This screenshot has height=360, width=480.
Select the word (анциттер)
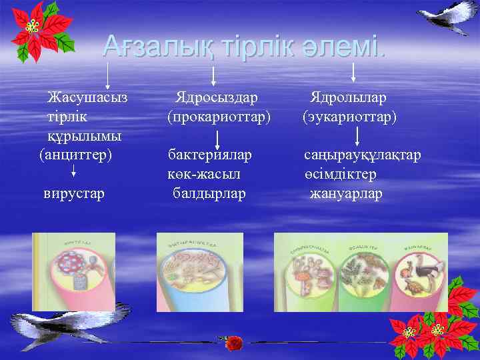(75, 155)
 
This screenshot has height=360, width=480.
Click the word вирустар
(74, 193)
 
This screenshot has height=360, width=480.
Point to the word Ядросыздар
(216, 98)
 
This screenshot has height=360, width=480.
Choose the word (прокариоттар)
(219, 117)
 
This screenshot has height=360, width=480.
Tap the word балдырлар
(209, 193)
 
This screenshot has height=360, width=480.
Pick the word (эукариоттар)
(349, 117)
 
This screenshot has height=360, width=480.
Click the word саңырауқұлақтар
(363, 155)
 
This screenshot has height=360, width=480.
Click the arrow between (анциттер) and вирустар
(73, 175)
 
